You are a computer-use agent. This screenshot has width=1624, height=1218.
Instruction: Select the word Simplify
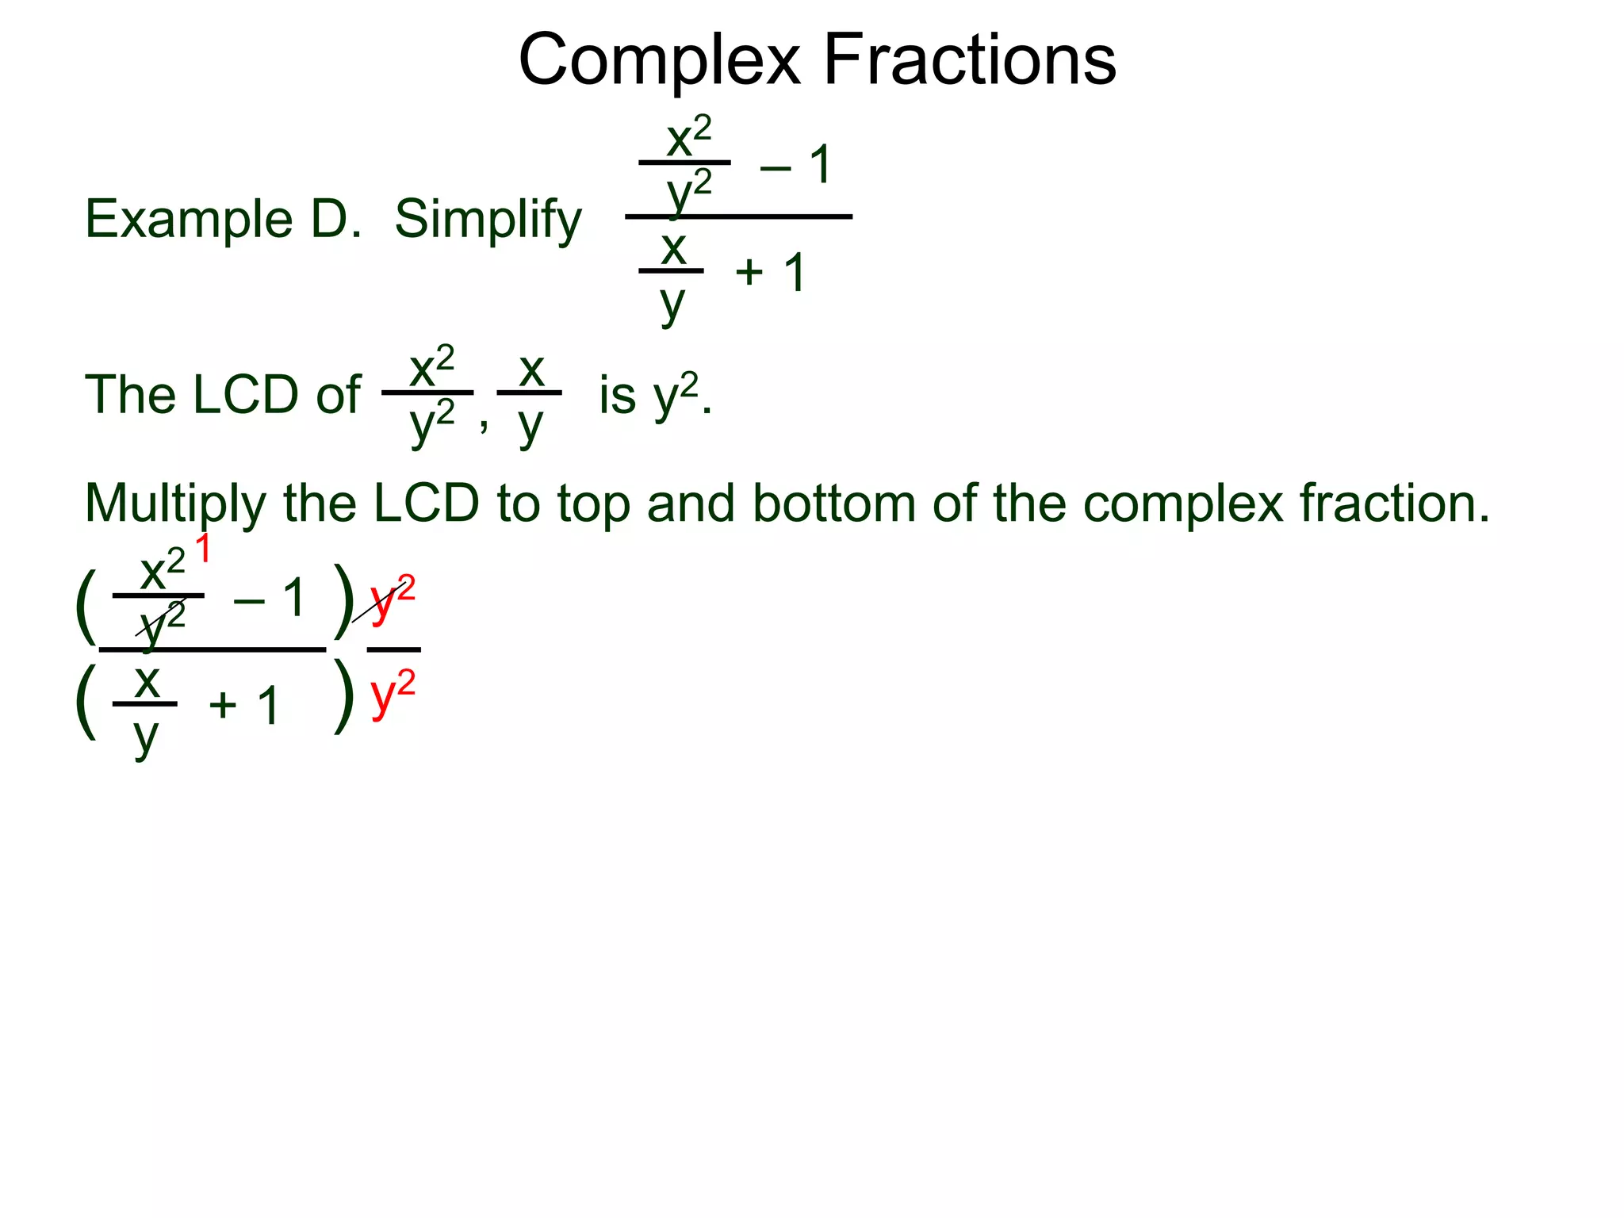pyautogui.click(x=488, y=220)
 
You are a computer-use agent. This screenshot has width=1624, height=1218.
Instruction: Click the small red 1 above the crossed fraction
pyautogui.click(x=203, y=549)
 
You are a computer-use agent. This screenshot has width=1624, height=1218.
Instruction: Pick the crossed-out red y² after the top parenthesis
pyautogui.click(x=393, y=600)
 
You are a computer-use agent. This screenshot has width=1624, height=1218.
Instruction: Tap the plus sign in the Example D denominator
pyautogui.click(x=749, y=273)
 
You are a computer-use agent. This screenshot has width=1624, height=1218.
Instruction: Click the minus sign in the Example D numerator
pyautogui.click(x=775, y=167)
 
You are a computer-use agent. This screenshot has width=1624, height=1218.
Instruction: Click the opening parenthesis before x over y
pyautogui.click(x=86, y=701)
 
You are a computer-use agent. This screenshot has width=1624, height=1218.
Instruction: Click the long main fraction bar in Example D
pyautogui.click(x=737, y=216)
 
